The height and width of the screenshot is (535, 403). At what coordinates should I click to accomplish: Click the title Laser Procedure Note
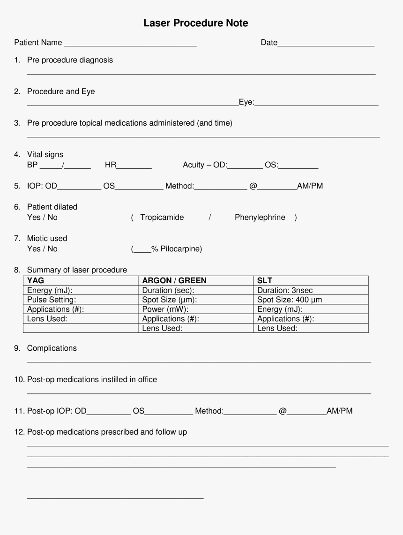coord(196,23)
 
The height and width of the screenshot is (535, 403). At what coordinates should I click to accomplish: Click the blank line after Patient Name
coord(130,44)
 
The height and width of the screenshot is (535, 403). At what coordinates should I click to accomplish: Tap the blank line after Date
coord(326,44)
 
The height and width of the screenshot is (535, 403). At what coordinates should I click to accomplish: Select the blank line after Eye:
coord(317,103)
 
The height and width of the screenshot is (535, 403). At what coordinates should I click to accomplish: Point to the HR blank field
coord(134,166)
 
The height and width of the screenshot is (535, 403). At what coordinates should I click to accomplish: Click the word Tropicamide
coord(162,218)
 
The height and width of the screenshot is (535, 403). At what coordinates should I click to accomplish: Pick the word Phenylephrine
coord(260,218)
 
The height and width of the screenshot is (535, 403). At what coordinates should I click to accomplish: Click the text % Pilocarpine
coord(176,249)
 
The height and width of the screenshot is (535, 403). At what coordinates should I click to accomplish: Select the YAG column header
coord(36,281)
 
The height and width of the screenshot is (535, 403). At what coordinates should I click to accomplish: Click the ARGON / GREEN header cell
coord(174,281)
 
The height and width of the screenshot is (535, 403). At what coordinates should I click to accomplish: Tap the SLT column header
coord(265,281)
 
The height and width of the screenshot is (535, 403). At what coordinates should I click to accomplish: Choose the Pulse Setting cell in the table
coord(52,300)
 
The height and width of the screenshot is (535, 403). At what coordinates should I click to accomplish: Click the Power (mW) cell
coord(165,309)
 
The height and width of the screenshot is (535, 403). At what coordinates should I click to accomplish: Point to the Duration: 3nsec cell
coord(285,290)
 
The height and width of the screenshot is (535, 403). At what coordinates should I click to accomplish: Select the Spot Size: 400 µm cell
coord(290,300)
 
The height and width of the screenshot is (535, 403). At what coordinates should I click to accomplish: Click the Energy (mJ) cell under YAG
coord(50,290)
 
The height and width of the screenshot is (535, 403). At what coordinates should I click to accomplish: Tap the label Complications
coord(52,348)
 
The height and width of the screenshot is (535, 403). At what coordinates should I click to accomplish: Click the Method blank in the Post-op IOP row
coord(250,412)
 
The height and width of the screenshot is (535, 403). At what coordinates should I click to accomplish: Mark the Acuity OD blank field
coord(245,166)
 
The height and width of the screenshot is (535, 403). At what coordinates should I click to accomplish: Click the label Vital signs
coord(45,155)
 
